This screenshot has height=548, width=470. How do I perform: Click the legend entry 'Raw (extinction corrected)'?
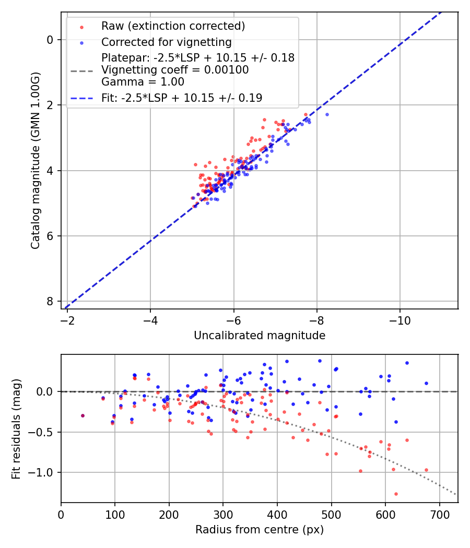pyautogui.click(x=173, y=26)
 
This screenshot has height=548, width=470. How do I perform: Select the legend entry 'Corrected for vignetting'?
pyautogui.click(x=166, y=42)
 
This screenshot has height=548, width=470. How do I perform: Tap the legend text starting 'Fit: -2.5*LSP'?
pyautogui.click(x=182, y=98)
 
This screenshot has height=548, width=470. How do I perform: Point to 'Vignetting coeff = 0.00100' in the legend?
pyautogui.click(x=175, y=70)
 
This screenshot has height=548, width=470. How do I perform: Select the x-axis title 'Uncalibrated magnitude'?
pyautogui.click(x=260, y=336)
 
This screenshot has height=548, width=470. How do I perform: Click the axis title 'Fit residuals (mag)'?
pyautogui.click(x=16, y=428)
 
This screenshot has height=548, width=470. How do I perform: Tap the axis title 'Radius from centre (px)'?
pyautogui.click(x=260, y=530)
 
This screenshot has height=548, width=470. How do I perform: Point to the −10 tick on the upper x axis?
pyautogui.click(x=400, y=318)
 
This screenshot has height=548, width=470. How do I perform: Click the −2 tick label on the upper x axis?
pyautogui.click(x=67, y=318)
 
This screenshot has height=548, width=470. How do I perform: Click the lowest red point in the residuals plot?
pyautogui.click(x=396, y=494)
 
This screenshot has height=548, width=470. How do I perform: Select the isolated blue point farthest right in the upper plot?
pyautogui.click(x=327, y=114)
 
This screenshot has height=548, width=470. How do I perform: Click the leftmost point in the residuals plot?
pyautogui.click(x=83, y=415)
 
